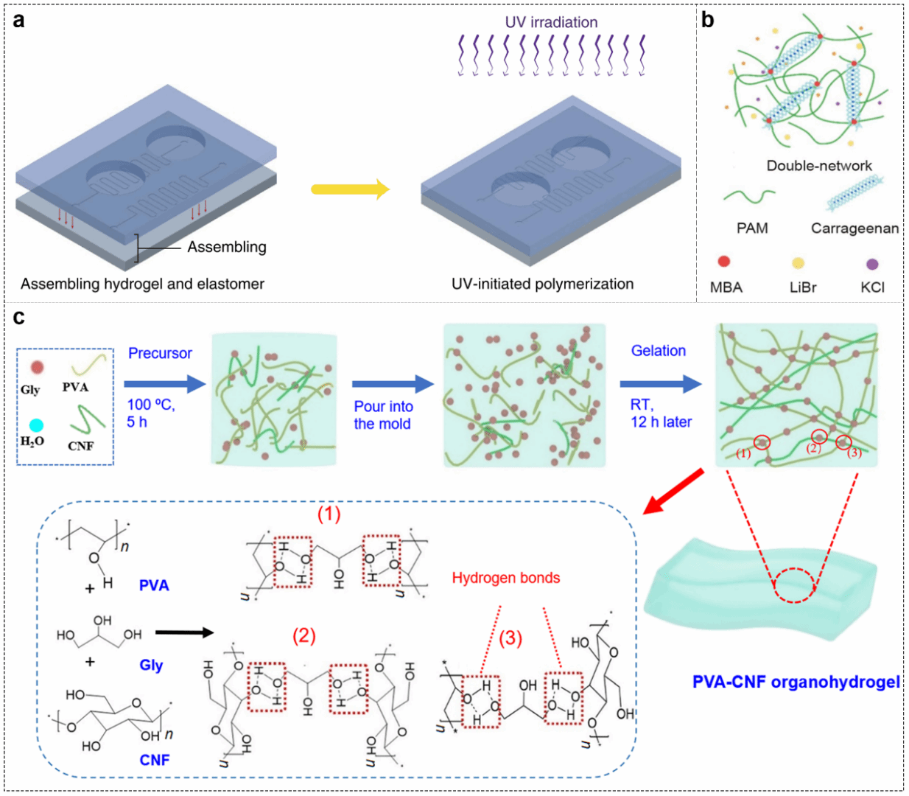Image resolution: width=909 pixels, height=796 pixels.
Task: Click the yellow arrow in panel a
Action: [x=350, y=189]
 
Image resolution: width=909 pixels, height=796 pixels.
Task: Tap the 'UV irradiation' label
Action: [x=551, y=22]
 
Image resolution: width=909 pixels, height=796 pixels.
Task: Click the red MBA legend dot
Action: [x=724, y=262]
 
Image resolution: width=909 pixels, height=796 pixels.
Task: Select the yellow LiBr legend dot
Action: [x=798, y=263]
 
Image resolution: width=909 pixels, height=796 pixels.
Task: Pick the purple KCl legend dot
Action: [x=872, y=264]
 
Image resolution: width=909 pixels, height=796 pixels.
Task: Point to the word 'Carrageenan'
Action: [x=854, y=228]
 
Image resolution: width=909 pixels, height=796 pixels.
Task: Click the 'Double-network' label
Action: [x=819, y=166]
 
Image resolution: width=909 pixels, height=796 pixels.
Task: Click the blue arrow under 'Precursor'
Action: [x=165, y=383]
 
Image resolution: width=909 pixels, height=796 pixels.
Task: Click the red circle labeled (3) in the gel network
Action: [x=843, y=442]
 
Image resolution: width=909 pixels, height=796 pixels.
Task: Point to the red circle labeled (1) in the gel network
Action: [x=762, y=442]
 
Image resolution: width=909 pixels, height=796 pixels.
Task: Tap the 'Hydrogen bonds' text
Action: [x=506, y=578]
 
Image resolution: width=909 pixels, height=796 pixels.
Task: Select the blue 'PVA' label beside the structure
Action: [x=154, y=585]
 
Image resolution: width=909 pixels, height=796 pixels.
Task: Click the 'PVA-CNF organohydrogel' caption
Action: [x=796, y=682]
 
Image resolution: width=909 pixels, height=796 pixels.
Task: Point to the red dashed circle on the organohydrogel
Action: [x=794, y=586]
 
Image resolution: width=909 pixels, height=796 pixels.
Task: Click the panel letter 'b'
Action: [x=708, y=20]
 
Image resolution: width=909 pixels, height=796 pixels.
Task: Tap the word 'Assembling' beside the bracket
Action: [x=227, y=247]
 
